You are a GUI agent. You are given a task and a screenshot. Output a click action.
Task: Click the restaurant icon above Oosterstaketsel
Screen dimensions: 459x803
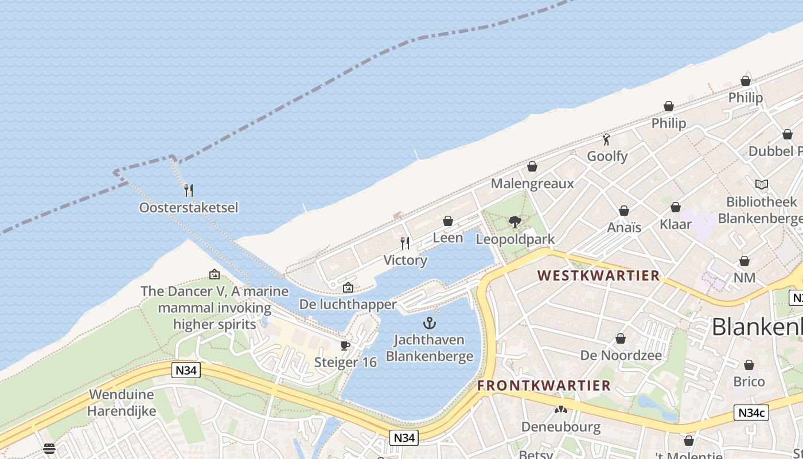188,190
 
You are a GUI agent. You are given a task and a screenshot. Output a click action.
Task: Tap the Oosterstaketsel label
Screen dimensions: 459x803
188,207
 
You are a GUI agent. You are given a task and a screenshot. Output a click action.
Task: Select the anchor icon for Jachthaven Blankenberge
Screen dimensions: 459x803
430,323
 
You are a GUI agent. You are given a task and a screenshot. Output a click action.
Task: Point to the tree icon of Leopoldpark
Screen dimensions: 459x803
514,222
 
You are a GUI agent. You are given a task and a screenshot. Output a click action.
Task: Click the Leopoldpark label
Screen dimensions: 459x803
515,239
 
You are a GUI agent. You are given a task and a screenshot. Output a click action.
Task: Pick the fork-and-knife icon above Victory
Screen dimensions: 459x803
405,243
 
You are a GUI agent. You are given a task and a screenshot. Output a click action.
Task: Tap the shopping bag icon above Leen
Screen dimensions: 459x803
448,221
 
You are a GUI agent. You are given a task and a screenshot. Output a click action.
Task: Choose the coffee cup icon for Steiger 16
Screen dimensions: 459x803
345,345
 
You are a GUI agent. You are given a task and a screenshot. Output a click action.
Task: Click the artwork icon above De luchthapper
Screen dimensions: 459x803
348,287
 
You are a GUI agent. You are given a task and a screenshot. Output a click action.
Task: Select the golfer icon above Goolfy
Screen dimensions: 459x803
606,139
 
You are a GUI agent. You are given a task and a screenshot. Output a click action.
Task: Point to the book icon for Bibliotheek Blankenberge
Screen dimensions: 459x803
762,185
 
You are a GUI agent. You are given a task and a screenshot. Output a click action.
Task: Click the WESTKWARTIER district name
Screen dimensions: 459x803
599,275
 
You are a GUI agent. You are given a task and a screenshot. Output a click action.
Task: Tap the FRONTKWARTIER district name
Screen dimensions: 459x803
544,386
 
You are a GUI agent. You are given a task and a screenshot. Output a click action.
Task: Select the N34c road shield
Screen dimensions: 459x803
751,413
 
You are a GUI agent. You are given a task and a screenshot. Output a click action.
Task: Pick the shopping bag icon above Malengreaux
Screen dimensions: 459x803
532,167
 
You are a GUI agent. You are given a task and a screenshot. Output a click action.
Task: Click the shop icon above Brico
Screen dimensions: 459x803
749,365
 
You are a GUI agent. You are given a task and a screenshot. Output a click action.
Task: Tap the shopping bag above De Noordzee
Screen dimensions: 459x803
620,339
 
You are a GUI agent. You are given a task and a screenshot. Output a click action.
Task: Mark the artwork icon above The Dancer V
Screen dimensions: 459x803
215,275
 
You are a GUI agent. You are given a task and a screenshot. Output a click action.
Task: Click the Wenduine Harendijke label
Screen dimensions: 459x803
121,403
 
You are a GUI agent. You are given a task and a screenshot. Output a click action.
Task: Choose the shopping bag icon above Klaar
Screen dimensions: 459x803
676,207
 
